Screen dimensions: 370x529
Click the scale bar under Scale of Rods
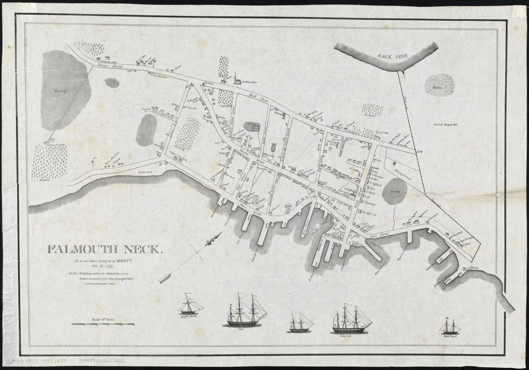pyautogui.click(x=102, y=325)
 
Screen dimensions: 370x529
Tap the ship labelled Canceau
pyautogui.click(x=351, y=319)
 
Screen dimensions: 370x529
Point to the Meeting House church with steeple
pyautogui.click(x=237, y=80)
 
